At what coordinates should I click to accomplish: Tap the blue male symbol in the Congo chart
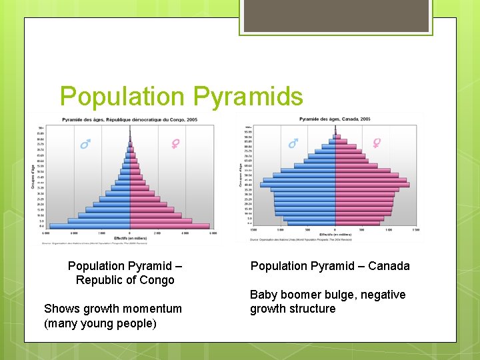tap(85, 144)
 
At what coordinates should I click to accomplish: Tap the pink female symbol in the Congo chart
tap(175, 143)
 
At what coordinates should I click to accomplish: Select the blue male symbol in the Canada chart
tap(293, 143)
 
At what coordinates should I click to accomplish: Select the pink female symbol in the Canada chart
tap(377, 143)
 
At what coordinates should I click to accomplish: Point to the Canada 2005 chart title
tap(335, 119)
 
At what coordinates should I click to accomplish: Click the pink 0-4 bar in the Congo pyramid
tap(170, 226)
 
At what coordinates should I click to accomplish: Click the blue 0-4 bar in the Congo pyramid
tap(90, 226)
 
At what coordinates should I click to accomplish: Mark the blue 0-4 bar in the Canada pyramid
tap(312, 223)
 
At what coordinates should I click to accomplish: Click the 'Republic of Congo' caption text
tap(125, 280)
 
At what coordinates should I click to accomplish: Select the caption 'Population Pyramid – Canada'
tap(330, 266)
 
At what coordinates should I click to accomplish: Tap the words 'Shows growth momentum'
tap(113, 309)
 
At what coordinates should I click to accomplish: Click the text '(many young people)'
tap(100, 323)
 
